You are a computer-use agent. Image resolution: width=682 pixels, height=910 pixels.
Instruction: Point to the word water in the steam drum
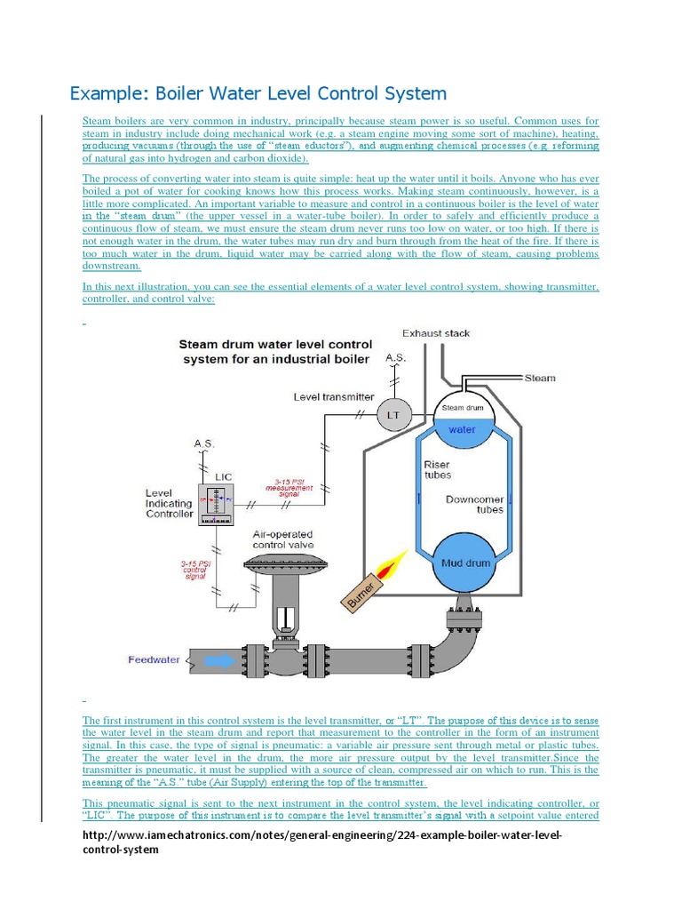pyautogui.click(x=462, y=430)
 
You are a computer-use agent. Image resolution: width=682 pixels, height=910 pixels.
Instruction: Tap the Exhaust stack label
pyautogui.click(x=436, y=333)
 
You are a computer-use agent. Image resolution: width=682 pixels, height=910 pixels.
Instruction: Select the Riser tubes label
pyautogui.click(x=437, y=469)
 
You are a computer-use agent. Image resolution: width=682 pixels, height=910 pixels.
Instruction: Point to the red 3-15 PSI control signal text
pyautogui.click(x=194, y=569)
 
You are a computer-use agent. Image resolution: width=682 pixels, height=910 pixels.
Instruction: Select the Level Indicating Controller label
pyautogui.click(x=169, y=503)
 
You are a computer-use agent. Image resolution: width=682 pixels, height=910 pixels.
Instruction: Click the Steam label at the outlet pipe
pyautogui.click(x=539, y=378)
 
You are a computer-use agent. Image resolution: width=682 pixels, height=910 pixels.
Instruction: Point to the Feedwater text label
pyautogui.click(x=154, y=660)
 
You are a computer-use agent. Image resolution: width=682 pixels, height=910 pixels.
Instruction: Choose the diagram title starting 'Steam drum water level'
pyautogui.click(x=277, y=351)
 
